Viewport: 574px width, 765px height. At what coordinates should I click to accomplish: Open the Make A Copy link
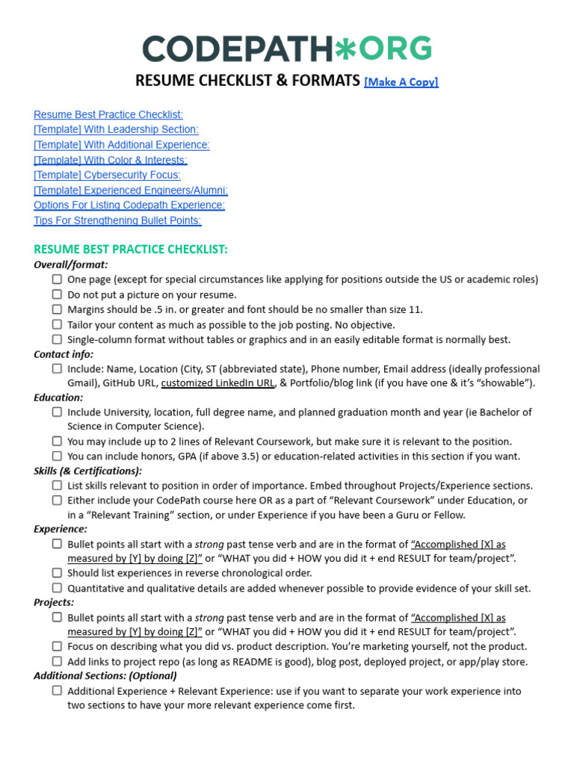click(401, 82)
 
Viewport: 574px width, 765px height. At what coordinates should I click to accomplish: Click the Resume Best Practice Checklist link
click(108, 114)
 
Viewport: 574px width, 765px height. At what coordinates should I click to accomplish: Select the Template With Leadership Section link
click(116, 129)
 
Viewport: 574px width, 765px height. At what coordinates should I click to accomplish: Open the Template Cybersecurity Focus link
click(107, 175)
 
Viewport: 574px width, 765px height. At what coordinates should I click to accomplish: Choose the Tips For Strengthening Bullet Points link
click(117, 220)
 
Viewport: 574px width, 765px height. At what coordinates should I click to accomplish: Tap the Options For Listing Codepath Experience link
click(129, 205)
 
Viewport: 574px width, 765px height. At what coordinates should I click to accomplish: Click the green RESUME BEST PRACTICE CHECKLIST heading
click(131, 249)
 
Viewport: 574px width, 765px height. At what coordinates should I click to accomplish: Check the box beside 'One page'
click(57, 279)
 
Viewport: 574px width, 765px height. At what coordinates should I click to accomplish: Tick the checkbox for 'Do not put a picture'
click(57, 294)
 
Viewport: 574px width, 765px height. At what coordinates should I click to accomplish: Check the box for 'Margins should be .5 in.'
click(57, 309)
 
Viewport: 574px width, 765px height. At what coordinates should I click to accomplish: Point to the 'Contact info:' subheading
click(64, 354)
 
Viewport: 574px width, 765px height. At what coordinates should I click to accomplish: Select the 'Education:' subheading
click(58, 397)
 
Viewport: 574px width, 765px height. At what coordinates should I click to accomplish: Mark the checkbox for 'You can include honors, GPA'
click(57, 456)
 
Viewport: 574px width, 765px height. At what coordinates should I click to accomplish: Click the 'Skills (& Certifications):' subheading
click(87, 471)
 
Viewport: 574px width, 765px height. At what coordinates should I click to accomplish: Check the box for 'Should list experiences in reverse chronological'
click(57, 573)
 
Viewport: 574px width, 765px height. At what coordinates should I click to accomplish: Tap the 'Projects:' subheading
click(54, 602)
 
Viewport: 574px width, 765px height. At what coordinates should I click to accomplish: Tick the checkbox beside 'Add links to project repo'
click(57, 661)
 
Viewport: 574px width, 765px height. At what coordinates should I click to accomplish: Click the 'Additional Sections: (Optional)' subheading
click(105, 675)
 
